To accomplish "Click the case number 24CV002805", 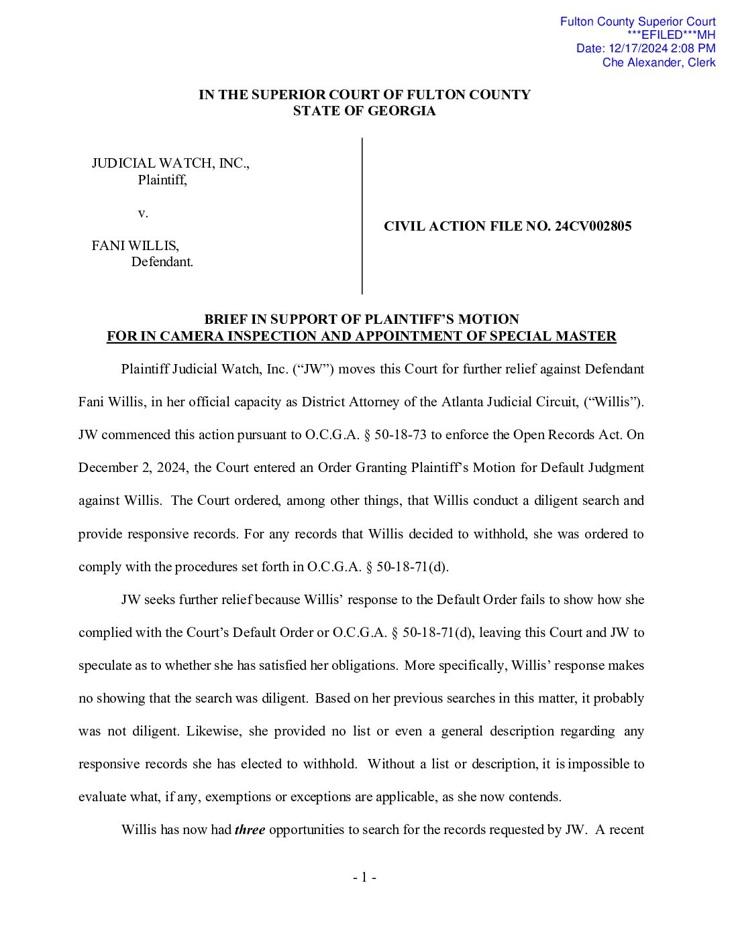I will (593, 227).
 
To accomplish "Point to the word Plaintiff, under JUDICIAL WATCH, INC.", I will (162, 180).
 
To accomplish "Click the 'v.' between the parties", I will (143, 213).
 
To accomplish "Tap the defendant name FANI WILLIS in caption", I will (136, 246).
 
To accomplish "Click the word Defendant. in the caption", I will (162, 262).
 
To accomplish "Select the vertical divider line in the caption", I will (362, 215).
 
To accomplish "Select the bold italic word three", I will (250, 830).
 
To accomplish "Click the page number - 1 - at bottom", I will (364, 878).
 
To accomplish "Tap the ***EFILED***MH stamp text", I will (671, 35).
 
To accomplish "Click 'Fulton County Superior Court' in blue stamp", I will (637, 21).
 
